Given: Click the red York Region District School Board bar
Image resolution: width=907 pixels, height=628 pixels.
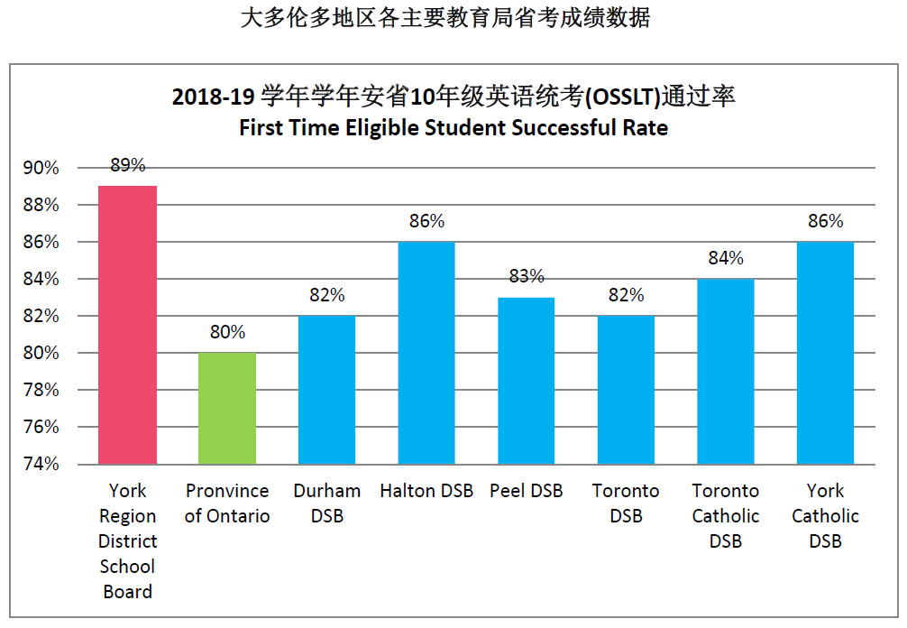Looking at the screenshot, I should click(x=127, y=325).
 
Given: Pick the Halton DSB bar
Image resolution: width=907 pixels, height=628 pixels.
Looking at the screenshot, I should click(x=426, y=353).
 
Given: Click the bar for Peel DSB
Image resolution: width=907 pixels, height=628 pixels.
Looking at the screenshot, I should click(x=527, y=380).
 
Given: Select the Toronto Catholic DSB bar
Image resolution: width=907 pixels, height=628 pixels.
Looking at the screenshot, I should click(x=726, y=371).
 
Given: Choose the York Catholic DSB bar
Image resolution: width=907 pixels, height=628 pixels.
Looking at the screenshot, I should click(x=825, y=353).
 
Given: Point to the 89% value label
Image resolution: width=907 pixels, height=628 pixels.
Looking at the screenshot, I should click(x=127, y=165).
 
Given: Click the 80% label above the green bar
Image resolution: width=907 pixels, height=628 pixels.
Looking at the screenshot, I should click(x=227, y=332).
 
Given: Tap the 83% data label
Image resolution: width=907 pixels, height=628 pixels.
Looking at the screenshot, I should click(x=527, y=276).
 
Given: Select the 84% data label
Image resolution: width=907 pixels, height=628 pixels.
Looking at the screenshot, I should click(x=726, y=258).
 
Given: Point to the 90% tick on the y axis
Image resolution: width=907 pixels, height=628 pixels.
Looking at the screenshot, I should click(x=41, y=168).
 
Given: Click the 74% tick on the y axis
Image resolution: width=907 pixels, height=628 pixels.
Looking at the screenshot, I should click(x=41, y=465).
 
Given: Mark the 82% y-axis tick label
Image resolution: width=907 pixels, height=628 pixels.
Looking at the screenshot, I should click(x=41, y=317).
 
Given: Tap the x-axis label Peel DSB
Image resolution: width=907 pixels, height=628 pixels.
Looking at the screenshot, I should click(x=527, y=491).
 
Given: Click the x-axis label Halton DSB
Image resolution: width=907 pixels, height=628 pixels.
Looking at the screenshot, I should click(x=426, y=491).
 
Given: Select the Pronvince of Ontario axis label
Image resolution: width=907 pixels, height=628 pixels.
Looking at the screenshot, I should click(x=227, y=503).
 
